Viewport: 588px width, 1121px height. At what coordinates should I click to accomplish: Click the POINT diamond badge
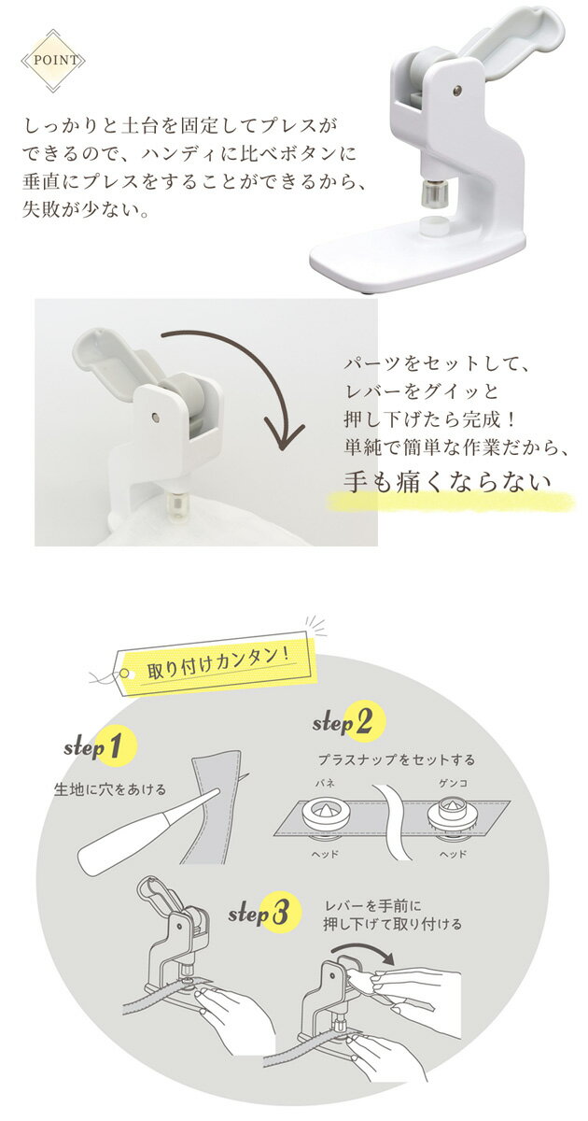pos(53,61)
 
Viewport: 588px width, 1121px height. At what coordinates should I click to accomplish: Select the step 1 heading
pos(100,747)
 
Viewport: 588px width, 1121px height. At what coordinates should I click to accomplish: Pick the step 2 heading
pos(349,721)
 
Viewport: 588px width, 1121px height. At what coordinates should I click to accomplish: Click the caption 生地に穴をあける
pos(110,789)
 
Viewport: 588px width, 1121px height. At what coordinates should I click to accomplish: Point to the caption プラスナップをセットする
pos(397,759)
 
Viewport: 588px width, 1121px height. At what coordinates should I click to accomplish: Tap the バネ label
pos(325,784)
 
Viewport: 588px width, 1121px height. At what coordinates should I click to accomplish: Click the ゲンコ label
pos(453,783)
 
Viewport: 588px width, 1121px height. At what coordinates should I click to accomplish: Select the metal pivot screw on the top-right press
pos(456,90)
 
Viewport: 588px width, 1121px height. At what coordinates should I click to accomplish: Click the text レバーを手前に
pos(373,906)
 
